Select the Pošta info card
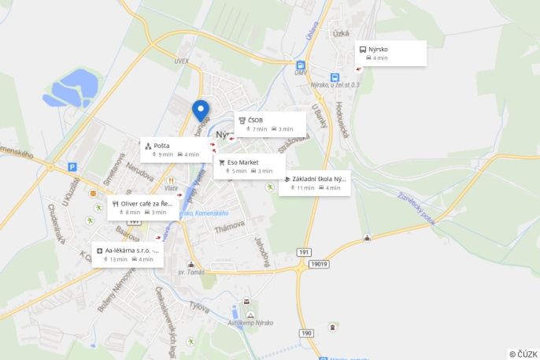tap(176, 150)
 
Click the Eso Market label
tap(242, 162)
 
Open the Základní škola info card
tap(315, 183)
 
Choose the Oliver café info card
tap(142, 207)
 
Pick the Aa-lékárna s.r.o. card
tap(128, 254)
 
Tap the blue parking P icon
tap(72, 167)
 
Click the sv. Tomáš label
tap(191, 272)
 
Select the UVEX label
tap(182, 61)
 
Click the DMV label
tap(301, 73)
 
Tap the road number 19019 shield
tap(318, 265)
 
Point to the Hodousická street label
tap(341, 117)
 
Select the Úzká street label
tap(341, 34)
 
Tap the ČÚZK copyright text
tap(523, 354)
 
